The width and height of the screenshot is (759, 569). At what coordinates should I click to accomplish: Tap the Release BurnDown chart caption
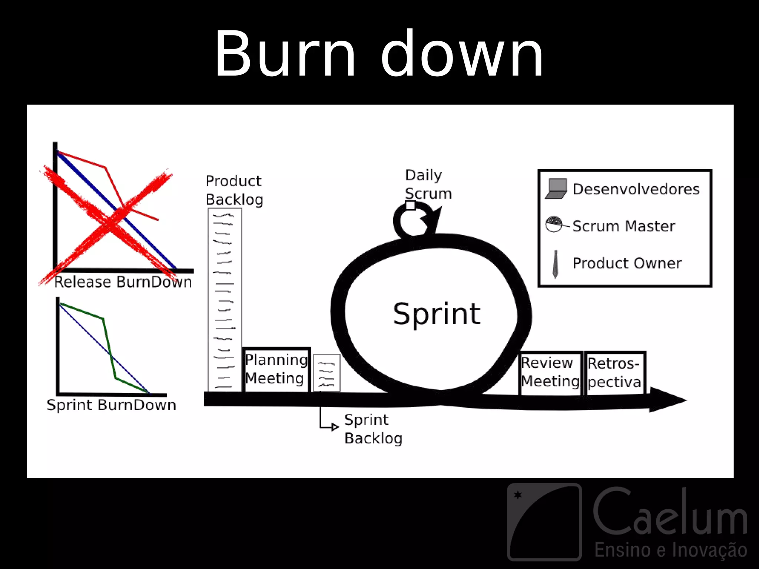pyautogui.click(x=123, y=282)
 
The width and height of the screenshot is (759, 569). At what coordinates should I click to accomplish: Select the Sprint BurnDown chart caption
pyautogui.click(x=111, y=405)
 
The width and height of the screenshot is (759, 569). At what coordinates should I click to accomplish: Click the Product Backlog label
pyautogui.click(x=234, y=190)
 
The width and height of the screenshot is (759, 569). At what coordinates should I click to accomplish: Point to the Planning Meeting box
pyautogui.click(x=276, y=369)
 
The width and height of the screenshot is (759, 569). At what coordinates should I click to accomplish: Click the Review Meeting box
pyautogui.click(x=550, y=372)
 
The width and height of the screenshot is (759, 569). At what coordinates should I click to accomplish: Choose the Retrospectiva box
pyautogui.click(x=614, y=373)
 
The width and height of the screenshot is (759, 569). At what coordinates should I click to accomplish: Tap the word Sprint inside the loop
pyautogui.click(x=437, y=314)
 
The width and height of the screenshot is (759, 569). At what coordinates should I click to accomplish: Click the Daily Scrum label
pyautogui.click(x=428, y=184)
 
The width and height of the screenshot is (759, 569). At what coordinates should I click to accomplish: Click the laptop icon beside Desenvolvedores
pyautogui.click(x=556, y=189)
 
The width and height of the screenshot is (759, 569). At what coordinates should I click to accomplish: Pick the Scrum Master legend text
pyautogui.click(x=624, y=226)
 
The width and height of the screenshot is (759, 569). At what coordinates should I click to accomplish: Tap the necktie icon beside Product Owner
pyautogui.click(x=555, y=264)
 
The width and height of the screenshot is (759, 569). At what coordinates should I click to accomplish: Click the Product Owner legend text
pyautogui.click(x=627, y=263)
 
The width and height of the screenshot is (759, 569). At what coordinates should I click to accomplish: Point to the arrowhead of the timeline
pyautogui.click(x=667, y=400)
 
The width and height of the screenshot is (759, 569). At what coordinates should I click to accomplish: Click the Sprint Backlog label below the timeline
pyautogui.click(x=373, y=429)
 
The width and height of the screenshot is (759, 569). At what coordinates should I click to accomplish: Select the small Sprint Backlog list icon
pyautogui.click(x=327, y=373)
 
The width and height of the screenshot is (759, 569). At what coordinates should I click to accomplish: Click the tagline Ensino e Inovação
pyautogui.click(x=671, y=550)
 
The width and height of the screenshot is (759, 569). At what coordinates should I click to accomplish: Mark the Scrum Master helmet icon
pyautogui.click(x=554, y=224)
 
